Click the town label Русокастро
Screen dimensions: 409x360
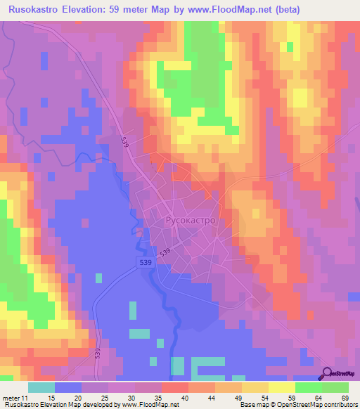click(x=190, y=220)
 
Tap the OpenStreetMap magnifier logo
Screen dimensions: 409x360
click(x=328, y=373)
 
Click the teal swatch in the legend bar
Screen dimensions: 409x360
click(x=41, y=388)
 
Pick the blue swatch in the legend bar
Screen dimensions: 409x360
click(x=68, y=388)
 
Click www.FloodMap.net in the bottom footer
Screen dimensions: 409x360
click(x=144, y=404)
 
